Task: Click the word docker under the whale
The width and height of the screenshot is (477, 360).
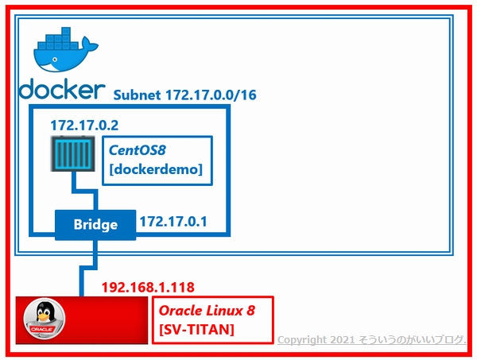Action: click(x=62, y=89)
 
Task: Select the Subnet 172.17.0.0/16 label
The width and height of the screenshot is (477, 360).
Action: click(x=184, y=95)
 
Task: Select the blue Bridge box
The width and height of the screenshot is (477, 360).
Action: click(x=95, y=225)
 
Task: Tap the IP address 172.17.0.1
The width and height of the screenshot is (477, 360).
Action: click(x=173, y=223)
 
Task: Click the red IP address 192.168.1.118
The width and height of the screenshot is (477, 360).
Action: click(x=148, y=287)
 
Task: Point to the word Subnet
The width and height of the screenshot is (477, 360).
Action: click(x=138, y=95)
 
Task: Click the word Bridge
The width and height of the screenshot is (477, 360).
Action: click(x=95, y=225)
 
